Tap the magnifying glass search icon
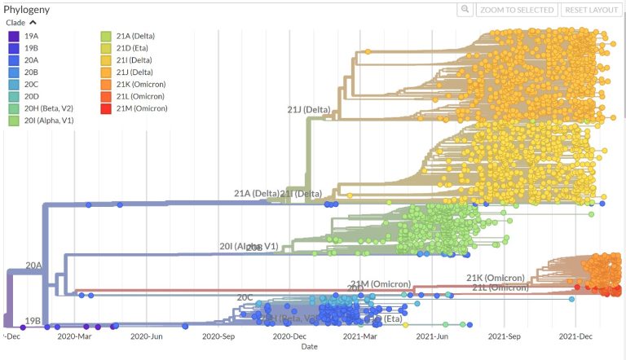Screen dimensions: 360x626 [465, 10]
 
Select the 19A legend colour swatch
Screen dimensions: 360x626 [14, 37]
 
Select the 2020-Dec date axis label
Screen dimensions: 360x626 [289, 336]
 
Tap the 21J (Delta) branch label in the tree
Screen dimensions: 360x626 [309, 110]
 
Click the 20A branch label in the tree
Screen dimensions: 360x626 [33, 266]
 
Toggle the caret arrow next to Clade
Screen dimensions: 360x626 [33, 23]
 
